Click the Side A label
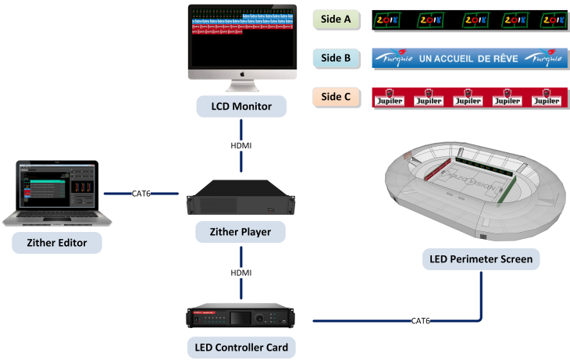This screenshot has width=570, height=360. click(x=337, y=20)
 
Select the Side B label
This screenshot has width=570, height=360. click(x=337, y=59)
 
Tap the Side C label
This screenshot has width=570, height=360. click(x=337, y=98)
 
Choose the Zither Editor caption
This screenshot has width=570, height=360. click(x=57, y=243)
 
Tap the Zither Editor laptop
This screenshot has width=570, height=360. click(x=57, y=192)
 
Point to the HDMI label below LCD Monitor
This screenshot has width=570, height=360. click(x=240, y=146)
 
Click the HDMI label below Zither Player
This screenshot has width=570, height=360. click(x=240, y=273)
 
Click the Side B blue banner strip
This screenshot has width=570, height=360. click(x=468, y=59)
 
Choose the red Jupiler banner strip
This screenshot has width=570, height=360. click(x=468, y=98)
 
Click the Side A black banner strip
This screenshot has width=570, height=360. click(x=468, y=20)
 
